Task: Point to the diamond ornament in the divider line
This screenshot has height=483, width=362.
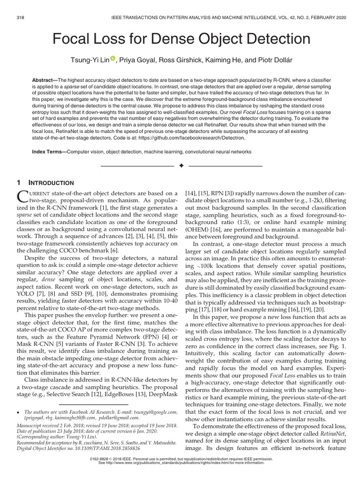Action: click(x=181, y=167)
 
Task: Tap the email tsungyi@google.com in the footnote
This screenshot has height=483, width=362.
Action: click(x=155, y=412)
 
